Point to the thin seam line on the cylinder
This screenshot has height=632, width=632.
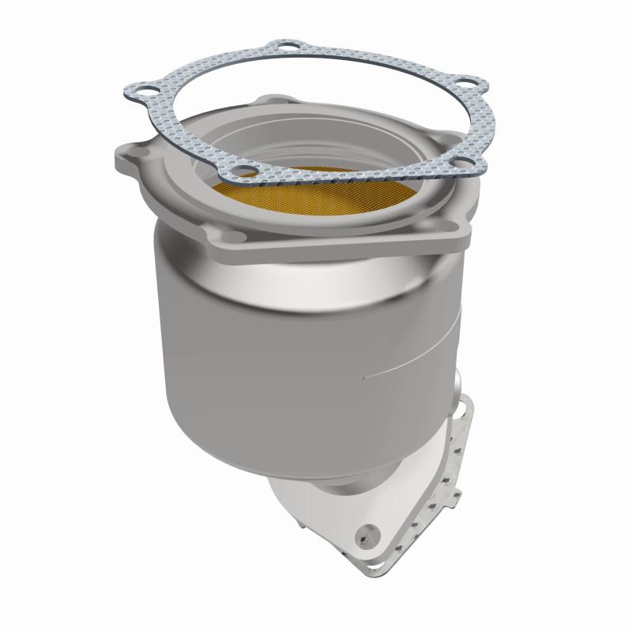pos(411,365)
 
